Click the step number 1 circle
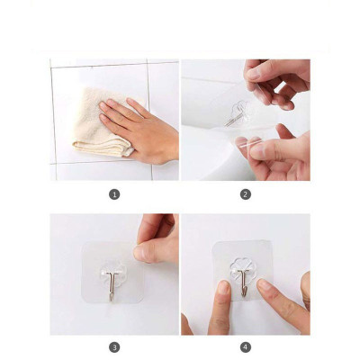114,193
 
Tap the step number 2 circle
245,193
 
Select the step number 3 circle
114,346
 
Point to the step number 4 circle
245,346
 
